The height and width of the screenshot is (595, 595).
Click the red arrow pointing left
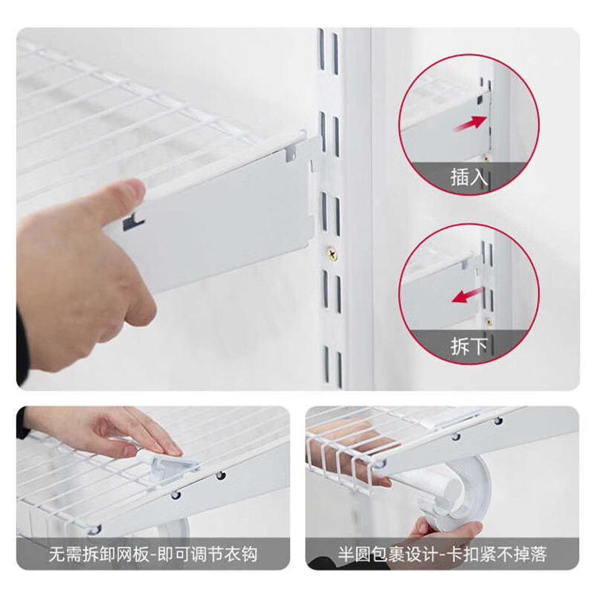point(467,296)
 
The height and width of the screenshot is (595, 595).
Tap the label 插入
point(469,177)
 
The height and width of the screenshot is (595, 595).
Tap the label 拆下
point(469,346)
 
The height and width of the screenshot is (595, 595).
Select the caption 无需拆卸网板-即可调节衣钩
point(153,554)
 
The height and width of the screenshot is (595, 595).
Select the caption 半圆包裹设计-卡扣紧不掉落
point(442,554)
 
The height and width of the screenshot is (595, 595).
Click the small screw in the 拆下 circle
point(489,321)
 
